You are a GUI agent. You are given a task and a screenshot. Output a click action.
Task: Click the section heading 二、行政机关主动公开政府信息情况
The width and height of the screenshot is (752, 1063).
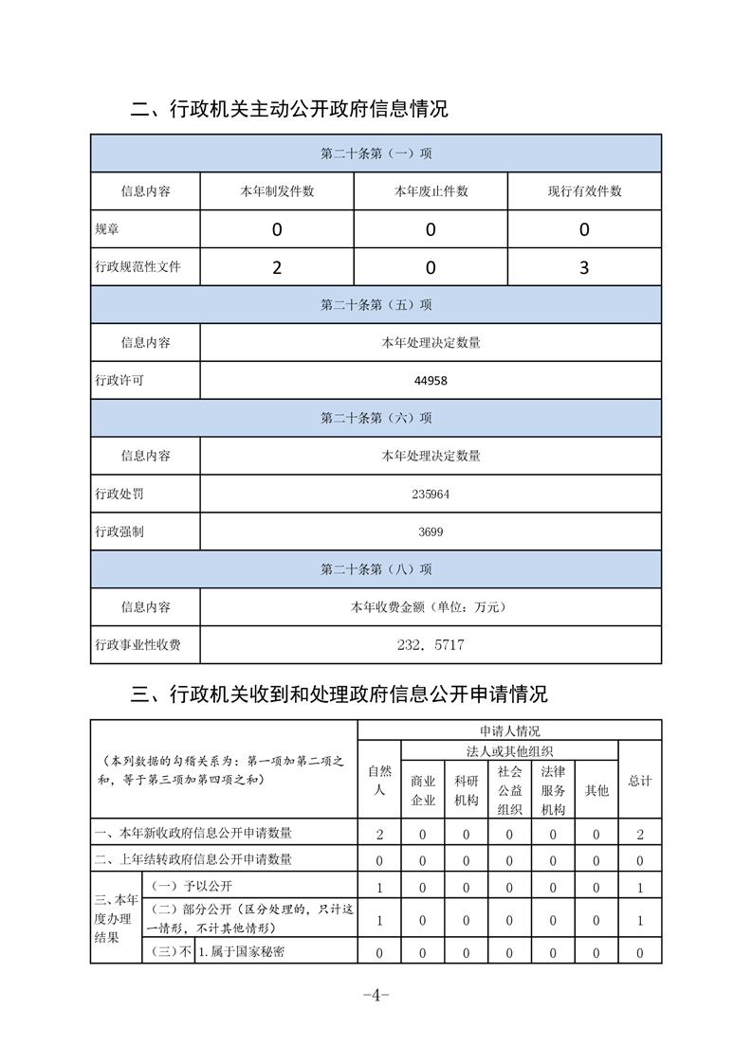click(x=289, y=109)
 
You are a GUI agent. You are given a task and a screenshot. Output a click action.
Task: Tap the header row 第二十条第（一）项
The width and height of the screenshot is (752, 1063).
click(x=376, y=153)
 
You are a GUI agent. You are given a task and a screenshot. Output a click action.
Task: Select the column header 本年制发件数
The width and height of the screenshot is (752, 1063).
click(x=277, y=191)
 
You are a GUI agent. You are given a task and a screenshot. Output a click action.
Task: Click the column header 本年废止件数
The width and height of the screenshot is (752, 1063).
click(x=431, y=191)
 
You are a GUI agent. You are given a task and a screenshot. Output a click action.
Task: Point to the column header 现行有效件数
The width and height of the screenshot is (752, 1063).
click(x=584, y=191)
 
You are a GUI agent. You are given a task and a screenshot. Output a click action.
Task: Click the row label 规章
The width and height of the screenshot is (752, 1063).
click(x=107, y=229)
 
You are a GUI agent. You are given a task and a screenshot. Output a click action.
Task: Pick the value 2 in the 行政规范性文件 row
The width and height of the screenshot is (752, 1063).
click(x=277, y=267)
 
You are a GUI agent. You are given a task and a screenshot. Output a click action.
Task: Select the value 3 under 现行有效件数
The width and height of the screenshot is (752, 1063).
click(x=584, y=267)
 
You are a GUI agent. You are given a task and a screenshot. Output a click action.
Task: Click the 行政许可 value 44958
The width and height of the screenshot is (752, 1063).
click(x=431, y=381)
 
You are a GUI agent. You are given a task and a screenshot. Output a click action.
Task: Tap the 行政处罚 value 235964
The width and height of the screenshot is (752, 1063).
click(x=431, y=495)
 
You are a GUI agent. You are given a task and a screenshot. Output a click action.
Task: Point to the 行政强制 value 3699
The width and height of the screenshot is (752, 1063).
click(x=431, y=532)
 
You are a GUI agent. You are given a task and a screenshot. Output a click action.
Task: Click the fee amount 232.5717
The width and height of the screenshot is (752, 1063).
click(x=431, y=645)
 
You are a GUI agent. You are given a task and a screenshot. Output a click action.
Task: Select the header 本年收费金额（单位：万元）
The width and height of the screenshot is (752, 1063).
click(x=431, y=607)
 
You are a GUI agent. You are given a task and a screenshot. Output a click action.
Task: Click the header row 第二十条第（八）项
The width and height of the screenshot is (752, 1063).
click(x=376, y=569)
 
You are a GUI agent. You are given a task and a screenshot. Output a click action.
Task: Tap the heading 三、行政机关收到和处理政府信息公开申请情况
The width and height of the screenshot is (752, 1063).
click(x=339, y=694)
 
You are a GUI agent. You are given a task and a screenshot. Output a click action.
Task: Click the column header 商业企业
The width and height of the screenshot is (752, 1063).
click(x=423, y=790)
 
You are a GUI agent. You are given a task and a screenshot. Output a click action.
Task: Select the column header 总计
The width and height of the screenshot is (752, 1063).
click(x=640, y=781)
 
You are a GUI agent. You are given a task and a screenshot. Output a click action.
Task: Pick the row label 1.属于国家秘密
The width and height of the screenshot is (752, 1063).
click(x=244, y=952)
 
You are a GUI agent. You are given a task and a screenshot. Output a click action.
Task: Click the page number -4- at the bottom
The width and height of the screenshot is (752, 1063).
click(x=376, y=995)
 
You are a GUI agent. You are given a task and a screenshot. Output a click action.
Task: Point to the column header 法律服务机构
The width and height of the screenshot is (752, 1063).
click(x=553, y=790)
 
